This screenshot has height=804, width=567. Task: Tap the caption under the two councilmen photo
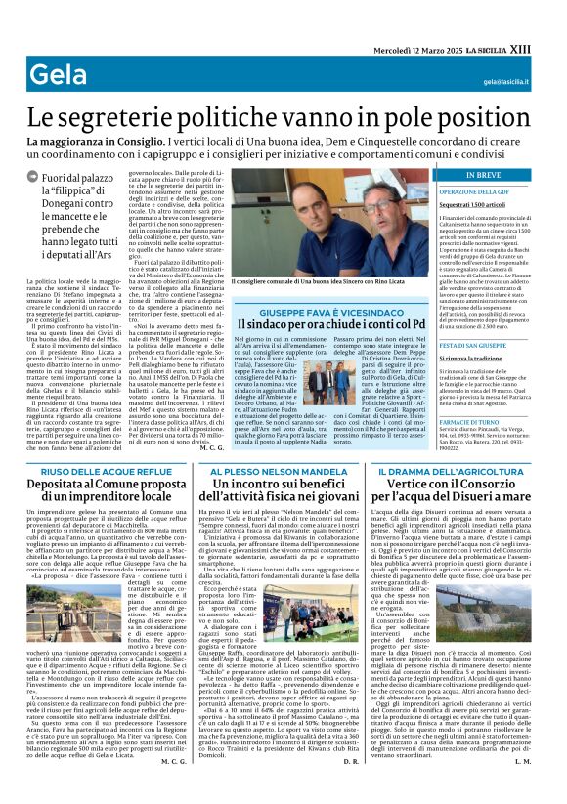tap(307, 281)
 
